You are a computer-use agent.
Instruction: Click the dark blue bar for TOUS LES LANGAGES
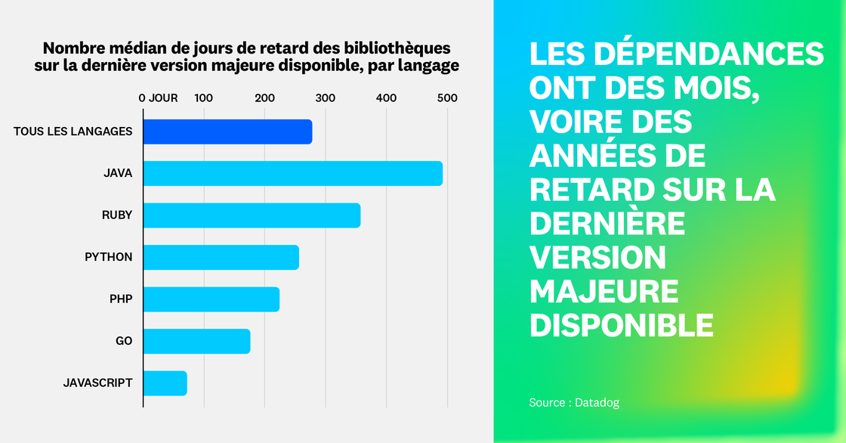[227, 132]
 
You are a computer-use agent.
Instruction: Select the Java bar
[292, 173]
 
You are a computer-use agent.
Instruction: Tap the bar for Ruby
[252, 215]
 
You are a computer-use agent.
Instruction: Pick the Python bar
[221, 257]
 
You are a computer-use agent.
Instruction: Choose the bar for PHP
[211, 299]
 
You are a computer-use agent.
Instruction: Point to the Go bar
[196, 341]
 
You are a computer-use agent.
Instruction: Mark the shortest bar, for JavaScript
[165, 383]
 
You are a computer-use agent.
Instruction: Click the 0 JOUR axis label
[158, 98]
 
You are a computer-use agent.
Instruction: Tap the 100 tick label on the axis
[204, 98]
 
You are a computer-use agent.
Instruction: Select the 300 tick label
[326, 98]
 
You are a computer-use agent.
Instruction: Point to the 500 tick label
[447, 98]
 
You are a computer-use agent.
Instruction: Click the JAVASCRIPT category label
[97, 383]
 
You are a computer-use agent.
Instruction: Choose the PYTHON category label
[108, 257]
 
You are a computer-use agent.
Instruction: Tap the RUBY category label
[117, 215]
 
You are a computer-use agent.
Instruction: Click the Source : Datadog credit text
[574, 403]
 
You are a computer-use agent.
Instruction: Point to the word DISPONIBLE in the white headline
[622, 324]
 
